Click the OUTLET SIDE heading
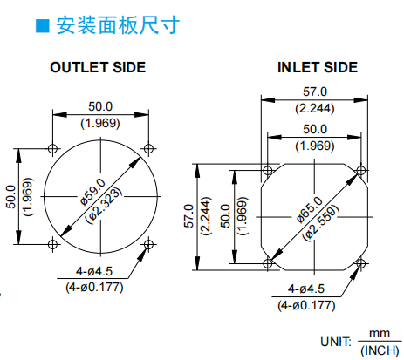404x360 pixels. (98, 67)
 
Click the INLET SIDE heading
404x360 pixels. (318, 67)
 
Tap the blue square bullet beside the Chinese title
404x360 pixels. (43, 26)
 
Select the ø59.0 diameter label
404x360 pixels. (93, 192)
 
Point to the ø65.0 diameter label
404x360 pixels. (310, 210)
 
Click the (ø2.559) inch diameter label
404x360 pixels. (321, 222)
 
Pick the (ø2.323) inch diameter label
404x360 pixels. (104, 205)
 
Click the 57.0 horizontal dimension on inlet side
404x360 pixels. (315, 92)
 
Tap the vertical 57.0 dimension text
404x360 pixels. (188, 216)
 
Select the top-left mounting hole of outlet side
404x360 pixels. (52, 148)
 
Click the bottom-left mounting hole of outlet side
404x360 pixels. (52, 244)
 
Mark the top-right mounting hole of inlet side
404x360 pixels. (361, 171)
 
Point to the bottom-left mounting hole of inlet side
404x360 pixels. (268, 263)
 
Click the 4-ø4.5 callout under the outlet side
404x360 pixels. (94, 271)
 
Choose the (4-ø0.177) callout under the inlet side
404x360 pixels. (306, 305)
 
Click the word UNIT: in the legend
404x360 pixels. (336, 342)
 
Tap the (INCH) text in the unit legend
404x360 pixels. (380, 350)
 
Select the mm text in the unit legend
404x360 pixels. (380, 333)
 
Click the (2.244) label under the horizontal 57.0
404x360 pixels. (315, 108)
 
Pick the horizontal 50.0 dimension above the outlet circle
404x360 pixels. (100, 106)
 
